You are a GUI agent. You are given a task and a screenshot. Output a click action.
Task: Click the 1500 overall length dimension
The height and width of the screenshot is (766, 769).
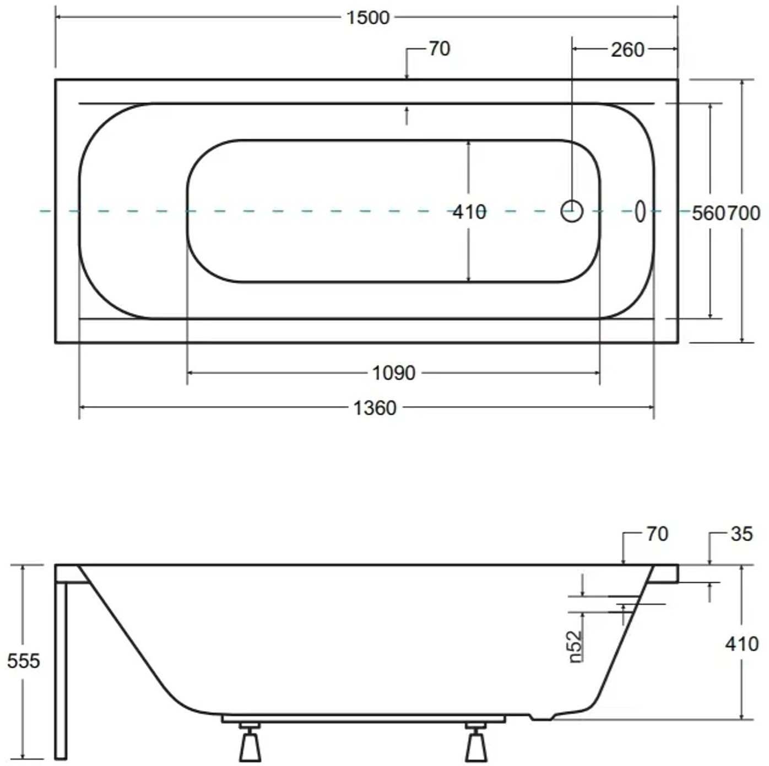[x=367, y=18]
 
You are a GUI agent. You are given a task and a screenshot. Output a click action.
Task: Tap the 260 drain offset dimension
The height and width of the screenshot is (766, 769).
[x=628, y=50]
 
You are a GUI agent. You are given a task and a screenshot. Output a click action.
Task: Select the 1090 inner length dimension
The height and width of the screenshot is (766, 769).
[x=394, y=373]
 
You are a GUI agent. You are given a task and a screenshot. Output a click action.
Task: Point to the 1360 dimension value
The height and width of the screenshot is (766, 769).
[x=375, y=408]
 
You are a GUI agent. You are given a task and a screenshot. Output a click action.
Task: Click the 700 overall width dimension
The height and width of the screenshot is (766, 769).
[x=743, y=214]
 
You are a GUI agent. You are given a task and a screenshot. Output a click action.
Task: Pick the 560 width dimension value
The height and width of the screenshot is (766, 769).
[x=709, y=214]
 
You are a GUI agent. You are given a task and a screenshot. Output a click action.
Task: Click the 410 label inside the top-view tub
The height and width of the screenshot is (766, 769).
[x=470, y=212]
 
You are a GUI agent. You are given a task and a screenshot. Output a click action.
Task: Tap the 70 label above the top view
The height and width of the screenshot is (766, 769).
[x=440, y=49]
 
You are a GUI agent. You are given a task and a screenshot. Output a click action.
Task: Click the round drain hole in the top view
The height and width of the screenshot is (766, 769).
[x=572, y=211]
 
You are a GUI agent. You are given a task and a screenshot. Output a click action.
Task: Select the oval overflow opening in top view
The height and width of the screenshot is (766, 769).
[x=640, y=211]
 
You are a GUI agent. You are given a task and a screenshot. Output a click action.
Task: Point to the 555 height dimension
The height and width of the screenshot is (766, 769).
[x=24, y=661]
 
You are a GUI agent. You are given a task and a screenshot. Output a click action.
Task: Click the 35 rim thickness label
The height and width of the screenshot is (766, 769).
[x=742, y=534]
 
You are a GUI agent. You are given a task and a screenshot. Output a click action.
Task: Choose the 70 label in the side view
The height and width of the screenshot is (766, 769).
[x=657, y=534]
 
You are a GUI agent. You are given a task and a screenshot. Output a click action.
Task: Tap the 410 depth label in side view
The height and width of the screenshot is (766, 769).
[x=742, y=644]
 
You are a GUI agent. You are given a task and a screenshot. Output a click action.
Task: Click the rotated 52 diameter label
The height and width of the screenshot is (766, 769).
[x=576, y=647]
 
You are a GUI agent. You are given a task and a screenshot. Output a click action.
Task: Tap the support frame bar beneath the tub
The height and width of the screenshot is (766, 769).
[x=363, y=719]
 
